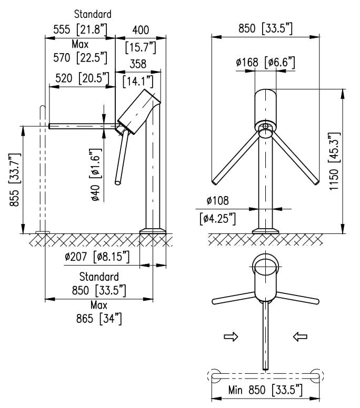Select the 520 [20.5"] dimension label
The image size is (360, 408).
pyautogui.click(x=79, y=79)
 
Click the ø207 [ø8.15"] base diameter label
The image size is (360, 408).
pyautogui.click(x=97, y=258)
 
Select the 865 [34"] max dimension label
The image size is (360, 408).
pyautogui.click(x=99, y=319)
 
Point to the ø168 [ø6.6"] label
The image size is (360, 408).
pyautogui.click(x=265, y=63)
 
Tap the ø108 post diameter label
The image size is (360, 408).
pyautogui.click(x=217, y=201)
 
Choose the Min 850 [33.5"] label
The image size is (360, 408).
pyautogui.click(x=265, y=390)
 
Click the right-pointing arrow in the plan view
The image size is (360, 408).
pyautogui.click(x=231, y=337)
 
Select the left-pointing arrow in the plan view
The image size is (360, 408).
pyautogui.click(x=300, y=337)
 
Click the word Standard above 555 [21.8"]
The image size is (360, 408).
pyautogui.click(x=92, y=13)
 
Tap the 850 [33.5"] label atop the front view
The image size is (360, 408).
pyautogui.click(x=265, y=29)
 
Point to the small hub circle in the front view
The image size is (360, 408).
pyautogui.click(x=265, y=127)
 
